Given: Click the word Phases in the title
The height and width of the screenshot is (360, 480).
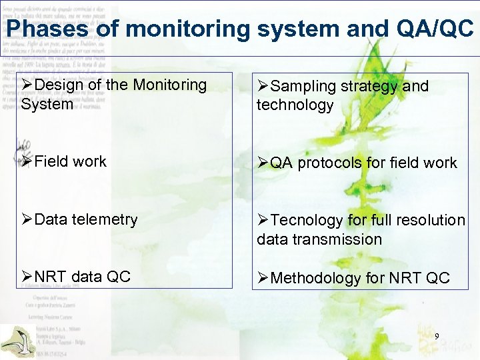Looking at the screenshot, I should tap(46, 29).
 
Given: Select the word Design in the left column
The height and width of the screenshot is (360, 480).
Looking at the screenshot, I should tap(60, 85).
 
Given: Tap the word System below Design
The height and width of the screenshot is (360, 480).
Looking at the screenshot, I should tap(47, 105).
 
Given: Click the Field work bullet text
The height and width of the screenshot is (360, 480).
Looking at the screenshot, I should tap(70, 161).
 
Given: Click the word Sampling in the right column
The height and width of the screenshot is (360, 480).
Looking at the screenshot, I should tap(303, 87).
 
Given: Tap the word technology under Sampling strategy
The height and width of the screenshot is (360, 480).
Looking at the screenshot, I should tap(295, 105).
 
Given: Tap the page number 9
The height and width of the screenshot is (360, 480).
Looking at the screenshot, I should tap(437, 337).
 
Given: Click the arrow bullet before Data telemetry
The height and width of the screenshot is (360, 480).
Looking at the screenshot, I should tap(27, 219).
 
